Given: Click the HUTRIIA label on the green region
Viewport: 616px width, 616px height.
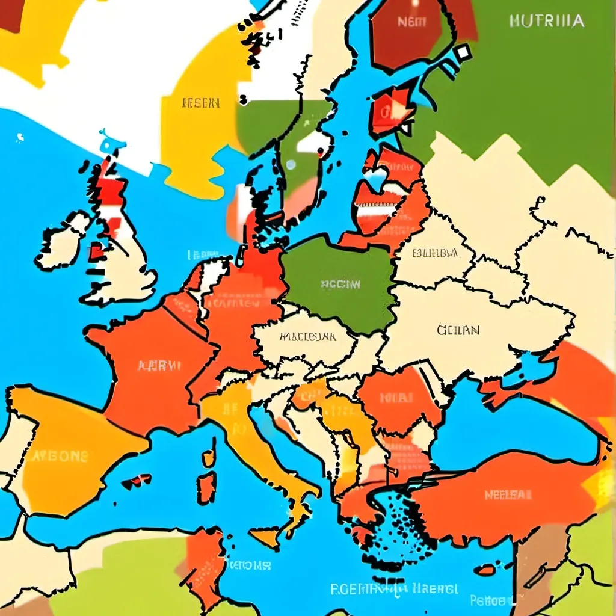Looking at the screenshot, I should pos(546,21).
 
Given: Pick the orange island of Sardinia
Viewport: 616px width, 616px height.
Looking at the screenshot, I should pos(207,487).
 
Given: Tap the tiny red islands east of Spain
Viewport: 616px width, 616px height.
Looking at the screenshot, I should pos(137,481).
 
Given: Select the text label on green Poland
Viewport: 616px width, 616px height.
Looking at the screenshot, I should pos(340,283).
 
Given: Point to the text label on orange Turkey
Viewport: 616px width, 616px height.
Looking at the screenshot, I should pos(508,495).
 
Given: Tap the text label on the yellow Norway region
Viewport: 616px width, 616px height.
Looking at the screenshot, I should pos(200,103).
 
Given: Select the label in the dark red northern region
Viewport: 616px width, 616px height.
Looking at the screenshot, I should pos(412,22).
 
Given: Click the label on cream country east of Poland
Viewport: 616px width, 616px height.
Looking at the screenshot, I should pos(435,253).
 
